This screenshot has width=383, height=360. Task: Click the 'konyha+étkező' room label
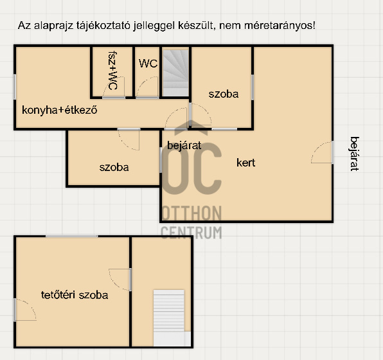(60, 110)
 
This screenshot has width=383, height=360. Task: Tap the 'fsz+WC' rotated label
(112, 70)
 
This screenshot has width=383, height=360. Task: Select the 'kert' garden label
(245, 163)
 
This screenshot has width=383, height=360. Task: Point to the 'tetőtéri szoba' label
(75, 295)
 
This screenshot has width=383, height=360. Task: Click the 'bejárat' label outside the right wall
(355, 154)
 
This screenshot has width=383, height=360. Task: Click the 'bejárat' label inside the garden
(184, 146)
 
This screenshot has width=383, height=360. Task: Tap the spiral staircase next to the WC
(176, 73)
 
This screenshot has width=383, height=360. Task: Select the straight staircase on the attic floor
(169, 318)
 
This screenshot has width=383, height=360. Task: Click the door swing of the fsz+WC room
(114, 87)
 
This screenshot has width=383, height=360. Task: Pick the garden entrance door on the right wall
(322, 152)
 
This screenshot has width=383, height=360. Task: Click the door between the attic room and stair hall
(120, 280)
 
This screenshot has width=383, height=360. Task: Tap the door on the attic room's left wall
(25, 310)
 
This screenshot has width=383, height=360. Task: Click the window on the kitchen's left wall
(15, 87)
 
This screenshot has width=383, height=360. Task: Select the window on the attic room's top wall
(71, 237)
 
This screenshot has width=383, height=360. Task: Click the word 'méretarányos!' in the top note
(280, 26)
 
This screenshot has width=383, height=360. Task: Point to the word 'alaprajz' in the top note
(53, 26)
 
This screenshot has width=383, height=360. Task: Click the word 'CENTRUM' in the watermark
(191, 233)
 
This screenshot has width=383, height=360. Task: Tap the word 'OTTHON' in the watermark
(191, 213)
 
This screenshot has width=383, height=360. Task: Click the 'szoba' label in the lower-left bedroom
(114, 167)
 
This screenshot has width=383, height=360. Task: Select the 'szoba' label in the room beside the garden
(224, 94)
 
